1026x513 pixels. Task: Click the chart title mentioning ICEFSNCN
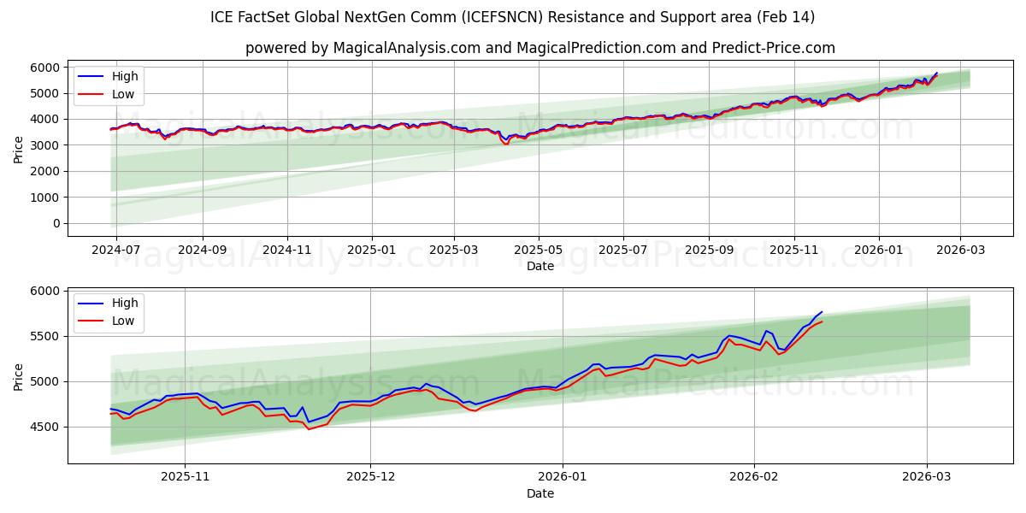click(x=512, y=17)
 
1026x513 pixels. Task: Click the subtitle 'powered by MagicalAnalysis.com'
click(x=540, y=48)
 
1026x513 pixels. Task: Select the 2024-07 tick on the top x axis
click(x=115, y=250)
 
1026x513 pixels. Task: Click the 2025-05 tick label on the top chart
click(x=539, y=250)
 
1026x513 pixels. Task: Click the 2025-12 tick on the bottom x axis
click(x=371, y=476)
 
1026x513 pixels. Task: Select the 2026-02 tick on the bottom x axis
click(x=753, y=476)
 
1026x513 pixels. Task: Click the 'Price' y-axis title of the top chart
click(x=19, y=150)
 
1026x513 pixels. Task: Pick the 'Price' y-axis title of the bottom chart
click(x=19, y=376)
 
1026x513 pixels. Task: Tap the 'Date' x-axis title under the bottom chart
click(x=540, y=493)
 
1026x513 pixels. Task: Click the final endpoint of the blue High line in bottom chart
click(x=822, y=312)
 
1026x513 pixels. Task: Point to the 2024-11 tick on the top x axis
click(x=286, y=250)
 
